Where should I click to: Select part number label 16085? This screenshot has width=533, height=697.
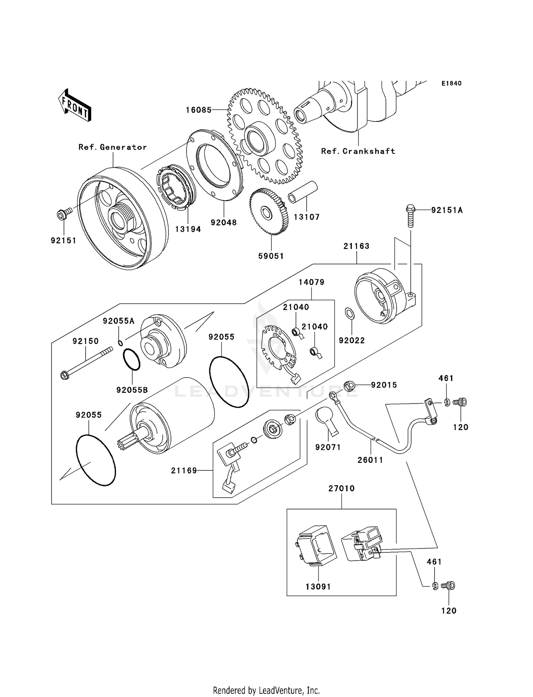[199, 110]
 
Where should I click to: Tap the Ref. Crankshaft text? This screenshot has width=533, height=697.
[358, 151]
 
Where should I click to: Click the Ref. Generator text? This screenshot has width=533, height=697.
[112, 147]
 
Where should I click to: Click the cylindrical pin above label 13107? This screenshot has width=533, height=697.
[302, 192]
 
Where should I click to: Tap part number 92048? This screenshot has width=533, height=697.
[224, 222]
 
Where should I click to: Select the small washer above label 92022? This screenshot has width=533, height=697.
[350, 314]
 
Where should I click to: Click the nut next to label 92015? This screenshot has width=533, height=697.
[349, 385]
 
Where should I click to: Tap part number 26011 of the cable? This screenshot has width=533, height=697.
[370, 460]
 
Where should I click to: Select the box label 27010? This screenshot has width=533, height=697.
[341, 488]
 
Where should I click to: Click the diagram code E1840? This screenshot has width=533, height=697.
[451, 83]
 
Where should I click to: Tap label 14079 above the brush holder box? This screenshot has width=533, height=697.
[311, 282]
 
